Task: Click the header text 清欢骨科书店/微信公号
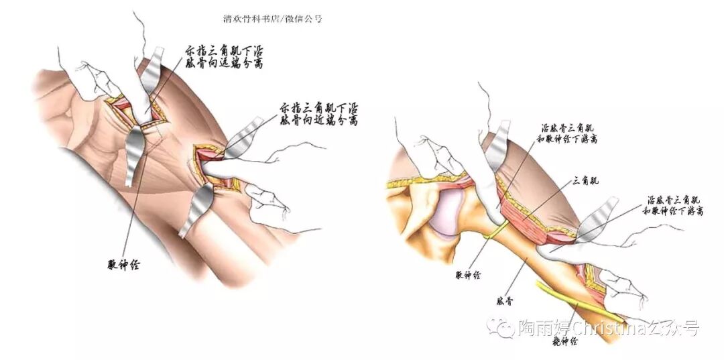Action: coord(272,19)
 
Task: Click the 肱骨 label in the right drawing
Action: coord(503,302)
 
